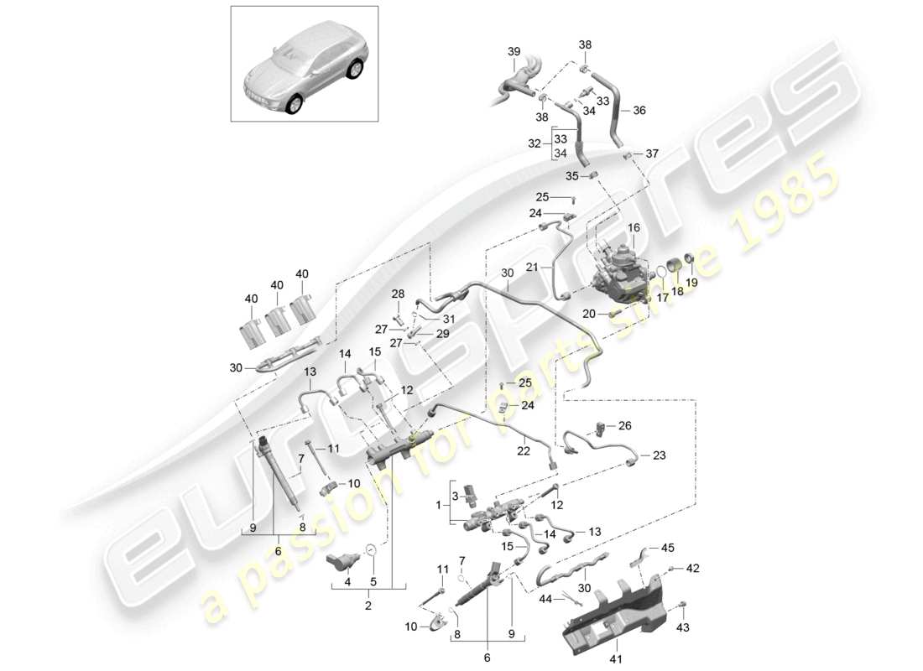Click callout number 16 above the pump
pos(633,228)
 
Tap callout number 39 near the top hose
pos(514,53)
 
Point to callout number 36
pos(639,110)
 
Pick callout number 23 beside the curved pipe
pos(659,456)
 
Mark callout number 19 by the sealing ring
pos(693,283)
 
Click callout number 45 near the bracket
pos(667,549)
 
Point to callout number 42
pos(693,569)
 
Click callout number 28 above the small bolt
pos(397,294)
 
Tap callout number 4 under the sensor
pos(347,582)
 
